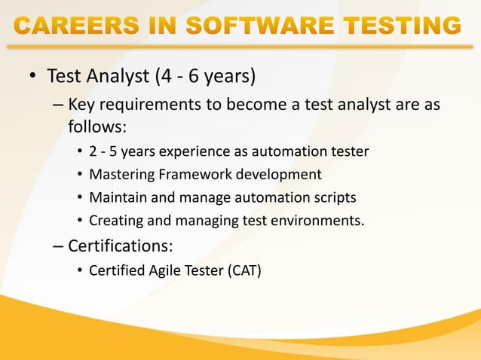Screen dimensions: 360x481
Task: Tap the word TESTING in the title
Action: (x=403, y=27)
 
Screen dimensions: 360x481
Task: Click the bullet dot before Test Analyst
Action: (x=32, y=78)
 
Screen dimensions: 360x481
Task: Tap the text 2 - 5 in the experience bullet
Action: (x=103, y=152)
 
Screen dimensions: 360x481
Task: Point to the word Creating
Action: (x=114, y=221)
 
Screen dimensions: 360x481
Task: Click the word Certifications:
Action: (x=122, y=246)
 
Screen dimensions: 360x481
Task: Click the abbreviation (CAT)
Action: (x=244, y=271)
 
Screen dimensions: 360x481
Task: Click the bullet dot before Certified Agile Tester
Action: (x=79, y=271)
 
